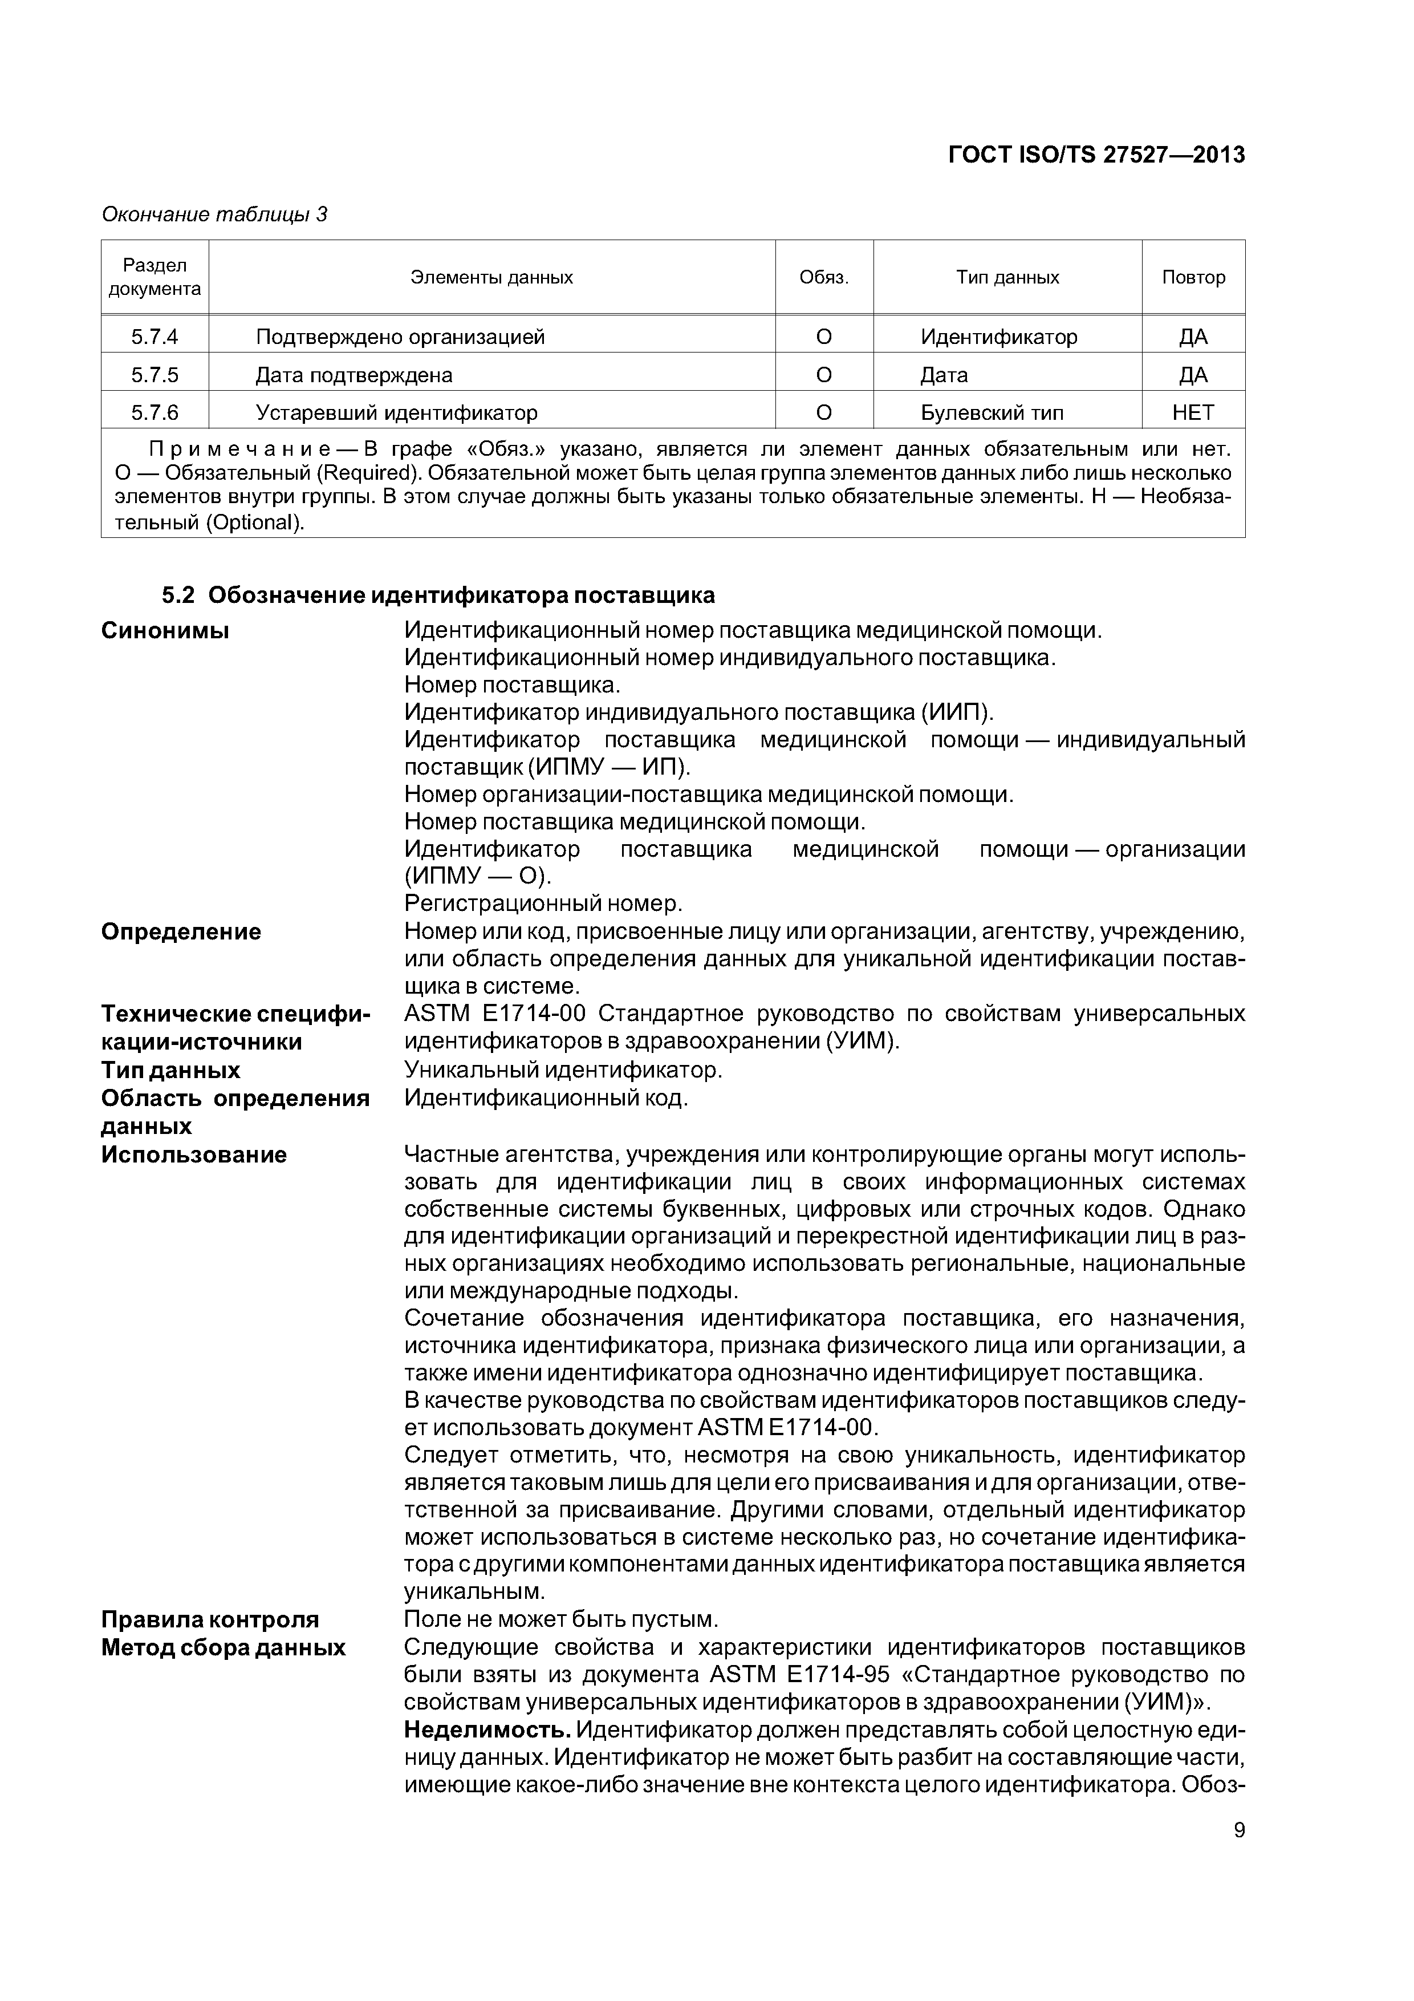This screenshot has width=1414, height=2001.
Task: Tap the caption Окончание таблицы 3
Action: point(214,214)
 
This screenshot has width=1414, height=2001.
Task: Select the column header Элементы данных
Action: point(491,277)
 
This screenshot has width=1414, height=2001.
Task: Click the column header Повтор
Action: point(1193,277)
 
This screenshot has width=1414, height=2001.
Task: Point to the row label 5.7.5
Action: point(155,375)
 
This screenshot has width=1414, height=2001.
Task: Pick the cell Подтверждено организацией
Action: point(400,337)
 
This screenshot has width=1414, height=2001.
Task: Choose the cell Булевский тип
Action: point(992,412)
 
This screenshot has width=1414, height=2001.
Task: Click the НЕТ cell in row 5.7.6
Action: point(1193,412)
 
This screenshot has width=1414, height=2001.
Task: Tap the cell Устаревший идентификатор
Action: point(396,412)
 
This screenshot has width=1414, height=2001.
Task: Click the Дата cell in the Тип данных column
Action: point(944,375)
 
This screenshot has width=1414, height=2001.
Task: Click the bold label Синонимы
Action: point(165,630)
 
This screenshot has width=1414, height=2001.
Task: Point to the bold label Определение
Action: point(181,931)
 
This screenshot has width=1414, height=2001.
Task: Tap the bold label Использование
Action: point(193,1155)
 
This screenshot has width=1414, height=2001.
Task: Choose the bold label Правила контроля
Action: point(210,1619)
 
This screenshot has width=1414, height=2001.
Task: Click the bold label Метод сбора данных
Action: point(223,1647)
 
